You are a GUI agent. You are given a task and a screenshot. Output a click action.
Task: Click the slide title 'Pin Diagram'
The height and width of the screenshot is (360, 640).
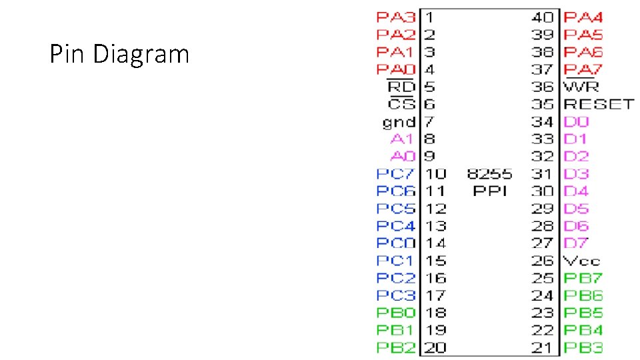[x=119, y=54]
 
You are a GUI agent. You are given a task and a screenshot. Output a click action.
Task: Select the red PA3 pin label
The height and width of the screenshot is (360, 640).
[x=396, y=17]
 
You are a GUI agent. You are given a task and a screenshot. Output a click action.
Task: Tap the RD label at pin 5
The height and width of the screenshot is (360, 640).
[x=401, y=87]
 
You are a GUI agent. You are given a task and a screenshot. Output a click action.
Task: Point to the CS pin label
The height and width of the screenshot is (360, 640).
[x=402, y=104]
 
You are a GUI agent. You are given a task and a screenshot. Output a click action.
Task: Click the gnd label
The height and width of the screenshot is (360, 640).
[x=399, y=122]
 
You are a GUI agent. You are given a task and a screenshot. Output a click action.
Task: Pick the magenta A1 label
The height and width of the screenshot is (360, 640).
[x=403, y=139]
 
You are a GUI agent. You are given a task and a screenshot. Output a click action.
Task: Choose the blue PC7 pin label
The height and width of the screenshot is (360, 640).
[x=396, y=174]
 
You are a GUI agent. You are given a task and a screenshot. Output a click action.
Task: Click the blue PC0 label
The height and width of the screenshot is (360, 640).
[x=396, y=243]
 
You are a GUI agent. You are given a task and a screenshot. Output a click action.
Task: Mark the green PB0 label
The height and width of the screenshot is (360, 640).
[x=396, y=313]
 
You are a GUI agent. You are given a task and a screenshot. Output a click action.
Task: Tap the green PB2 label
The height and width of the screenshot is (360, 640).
[x=396, y=347]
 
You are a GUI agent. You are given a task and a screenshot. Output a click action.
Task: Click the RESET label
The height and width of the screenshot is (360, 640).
[x=599, y=104]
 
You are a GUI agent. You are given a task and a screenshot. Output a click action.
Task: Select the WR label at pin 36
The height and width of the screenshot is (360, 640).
[x=581, y=87]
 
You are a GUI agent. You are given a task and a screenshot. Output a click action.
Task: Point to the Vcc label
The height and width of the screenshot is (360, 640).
[x=581, y=261]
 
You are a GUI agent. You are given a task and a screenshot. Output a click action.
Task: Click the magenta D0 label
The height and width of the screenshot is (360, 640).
[x=577, y=122]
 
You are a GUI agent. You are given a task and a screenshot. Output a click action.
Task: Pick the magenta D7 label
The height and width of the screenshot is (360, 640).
[x=577, y=243]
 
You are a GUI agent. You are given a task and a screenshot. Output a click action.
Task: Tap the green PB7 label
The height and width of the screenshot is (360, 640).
[x=583, y=278]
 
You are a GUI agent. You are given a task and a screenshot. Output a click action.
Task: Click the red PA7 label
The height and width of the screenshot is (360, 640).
[x=583, y=69]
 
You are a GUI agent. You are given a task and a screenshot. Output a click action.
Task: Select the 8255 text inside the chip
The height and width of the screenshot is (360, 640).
[x=490, y=174]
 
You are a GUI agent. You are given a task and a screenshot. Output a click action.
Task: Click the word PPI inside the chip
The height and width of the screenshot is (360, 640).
[x=490, y=191]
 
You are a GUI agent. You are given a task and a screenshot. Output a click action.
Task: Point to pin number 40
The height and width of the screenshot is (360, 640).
[x=543, y=17]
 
